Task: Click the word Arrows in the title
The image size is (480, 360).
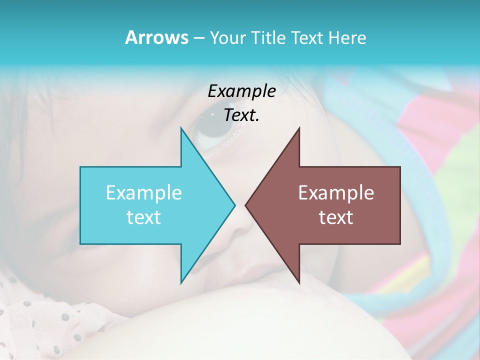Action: (x=156, y=37)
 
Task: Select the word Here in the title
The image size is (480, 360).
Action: (x=347, y=37)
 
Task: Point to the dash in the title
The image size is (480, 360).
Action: (x=198, y=38)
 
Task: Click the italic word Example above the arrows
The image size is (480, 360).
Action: (x=241, y=91)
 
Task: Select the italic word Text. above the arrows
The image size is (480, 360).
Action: (x=241, y=115)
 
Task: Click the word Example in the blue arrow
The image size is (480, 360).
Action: (x=143, y=192)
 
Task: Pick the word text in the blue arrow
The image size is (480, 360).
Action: (x=143, y=217)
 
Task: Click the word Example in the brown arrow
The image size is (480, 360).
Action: (x=336, y=192)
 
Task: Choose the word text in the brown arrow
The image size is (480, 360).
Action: (x=336, y=217)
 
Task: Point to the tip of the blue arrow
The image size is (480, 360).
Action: (x=234, y=205)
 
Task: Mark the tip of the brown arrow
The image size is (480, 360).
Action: (x=245, y=205)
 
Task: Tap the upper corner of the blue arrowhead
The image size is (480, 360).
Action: (x=181, y=128)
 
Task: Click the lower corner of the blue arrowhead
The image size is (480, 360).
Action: (x=181, y=282)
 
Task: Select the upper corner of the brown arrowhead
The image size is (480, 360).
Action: (x=299, y=128)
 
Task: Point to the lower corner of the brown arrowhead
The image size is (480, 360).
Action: (x=299, y=282)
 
